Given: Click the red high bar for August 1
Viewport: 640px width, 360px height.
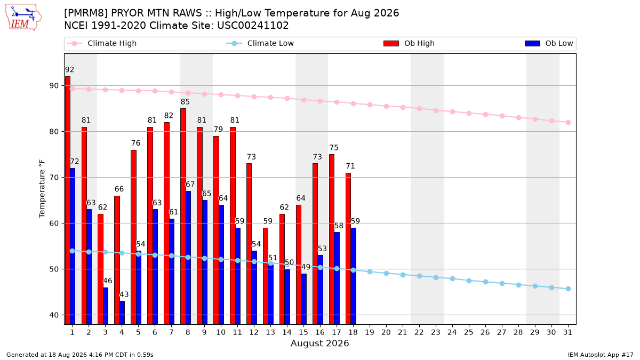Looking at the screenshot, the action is (67, 201).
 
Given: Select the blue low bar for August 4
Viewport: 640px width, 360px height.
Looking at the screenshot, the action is (122, 313).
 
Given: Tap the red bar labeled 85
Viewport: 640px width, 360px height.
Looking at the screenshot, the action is (183, 217).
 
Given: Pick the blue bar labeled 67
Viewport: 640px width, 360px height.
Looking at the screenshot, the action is (188, 258).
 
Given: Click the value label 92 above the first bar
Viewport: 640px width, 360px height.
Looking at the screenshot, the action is (69, 70).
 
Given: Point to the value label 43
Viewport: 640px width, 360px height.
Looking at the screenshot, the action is (124, 294).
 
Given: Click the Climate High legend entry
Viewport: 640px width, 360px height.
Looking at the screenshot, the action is (101, 43).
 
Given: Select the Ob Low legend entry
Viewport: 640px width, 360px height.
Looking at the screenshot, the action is (549, 43).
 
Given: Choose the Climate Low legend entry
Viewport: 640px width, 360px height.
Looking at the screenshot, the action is (260, 43).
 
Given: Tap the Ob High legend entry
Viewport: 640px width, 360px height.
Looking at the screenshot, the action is (409, 43).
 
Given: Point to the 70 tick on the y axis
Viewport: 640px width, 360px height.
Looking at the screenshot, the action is (54, 178).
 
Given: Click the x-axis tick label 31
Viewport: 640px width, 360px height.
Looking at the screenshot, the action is (568, 332).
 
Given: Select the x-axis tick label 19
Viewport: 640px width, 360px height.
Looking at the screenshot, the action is (370, 332).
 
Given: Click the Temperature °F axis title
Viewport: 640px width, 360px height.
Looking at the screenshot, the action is (42, 189).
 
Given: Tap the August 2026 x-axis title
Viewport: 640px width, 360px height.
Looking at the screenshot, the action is (319, 343).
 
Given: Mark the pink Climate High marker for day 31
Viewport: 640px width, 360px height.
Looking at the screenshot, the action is (568, 122).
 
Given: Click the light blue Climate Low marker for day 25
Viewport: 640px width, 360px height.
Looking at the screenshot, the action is (469, 281).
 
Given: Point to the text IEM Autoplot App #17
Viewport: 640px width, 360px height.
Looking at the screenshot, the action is (601, 355).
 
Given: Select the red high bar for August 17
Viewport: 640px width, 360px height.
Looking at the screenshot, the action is (332, 239).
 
